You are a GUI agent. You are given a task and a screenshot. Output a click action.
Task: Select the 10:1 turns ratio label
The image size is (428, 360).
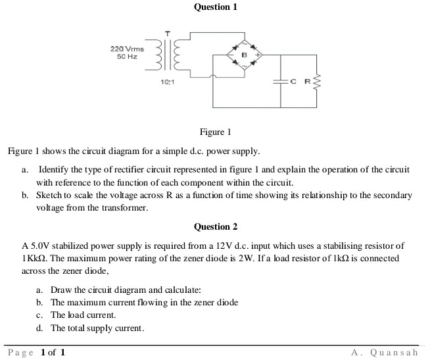point(166,82)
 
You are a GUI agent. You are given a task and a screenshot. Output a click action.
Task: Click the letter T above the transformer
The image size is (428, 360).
point(168,33)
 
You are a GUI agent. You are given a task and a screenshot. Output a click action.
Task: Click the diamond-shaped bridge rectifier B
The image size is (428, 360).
point(243,55)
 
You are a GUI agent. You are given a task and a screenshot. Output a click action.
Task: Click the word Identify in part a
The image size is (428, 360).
point(55,170)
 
